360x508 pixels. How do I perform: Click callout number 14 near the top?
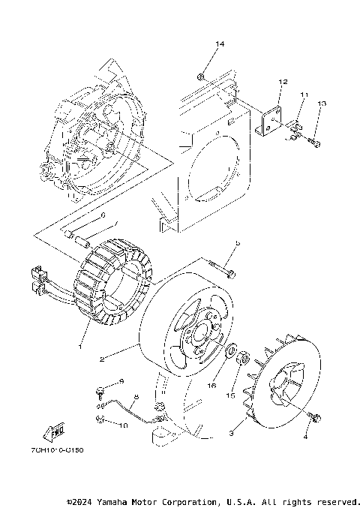(x=220, y=45)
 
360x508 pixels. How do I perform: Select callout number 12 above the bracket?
(x=283, y=82)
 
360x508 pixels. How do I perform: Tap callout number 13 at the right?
(x=322, y=103)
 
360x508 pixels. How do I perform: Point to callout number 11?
(x=304, y=95)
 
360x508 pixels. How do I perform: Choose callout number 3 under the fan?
(x=232, y=433)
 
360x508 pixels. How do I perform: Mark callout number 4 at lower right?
(x=305, y=435)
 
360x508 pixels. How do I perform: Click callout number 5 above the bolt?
(x=236, y=243)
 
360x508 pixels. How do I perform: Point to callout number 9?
(x=121, y=383)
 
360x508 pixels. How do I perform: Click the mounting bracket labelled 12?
(x=271, y=119)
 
